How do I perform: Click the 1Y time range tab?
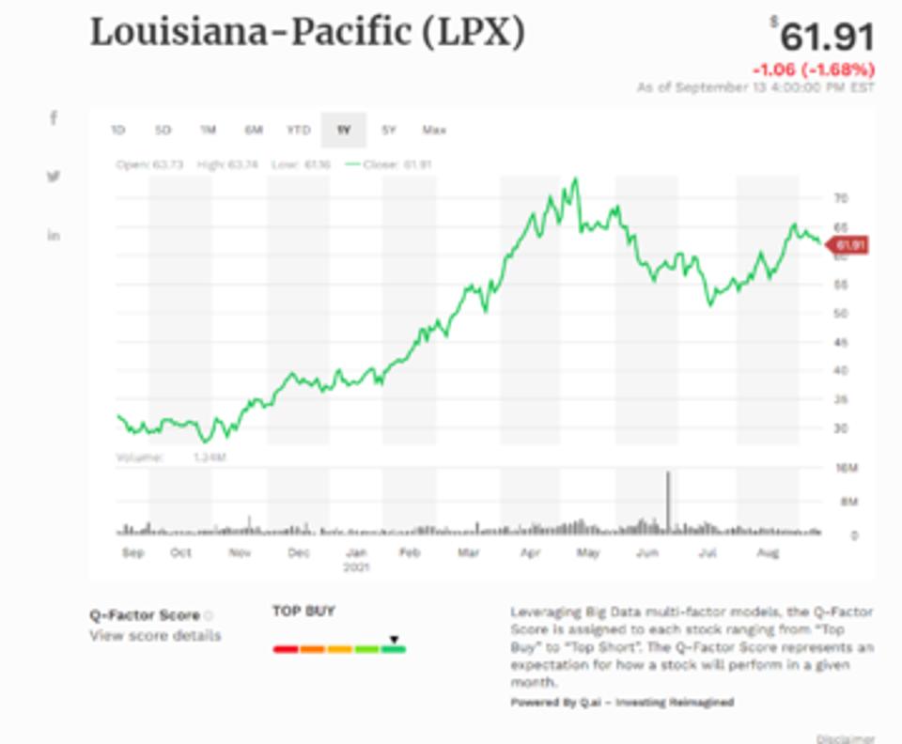[343, 130]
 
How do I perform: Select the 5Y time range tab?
[388, 130]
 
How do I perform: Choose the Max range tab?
[434, 130]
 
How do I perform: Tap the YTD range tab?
[298, 130]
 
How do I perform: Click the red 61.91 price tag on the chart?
[848, 246]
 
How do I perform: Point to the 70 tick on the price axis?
[841, 198]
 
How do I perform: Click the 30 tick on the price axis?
[841, 428]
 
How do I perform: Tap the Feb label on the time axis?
[409, 553]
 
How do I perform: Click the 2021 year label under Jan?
[356, 567]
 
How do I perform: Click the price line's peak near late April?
[575, 179]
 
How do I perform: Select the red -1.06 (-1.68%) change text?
[814, 70]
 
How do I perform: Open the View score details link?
[155, 636]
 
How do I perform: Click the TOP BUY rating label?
[303, 612]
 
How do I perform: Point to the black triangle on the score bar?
[395, 640]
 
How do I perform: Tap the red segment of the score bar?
[286, 649]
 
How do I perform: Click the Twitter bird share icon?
[54, 177]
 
